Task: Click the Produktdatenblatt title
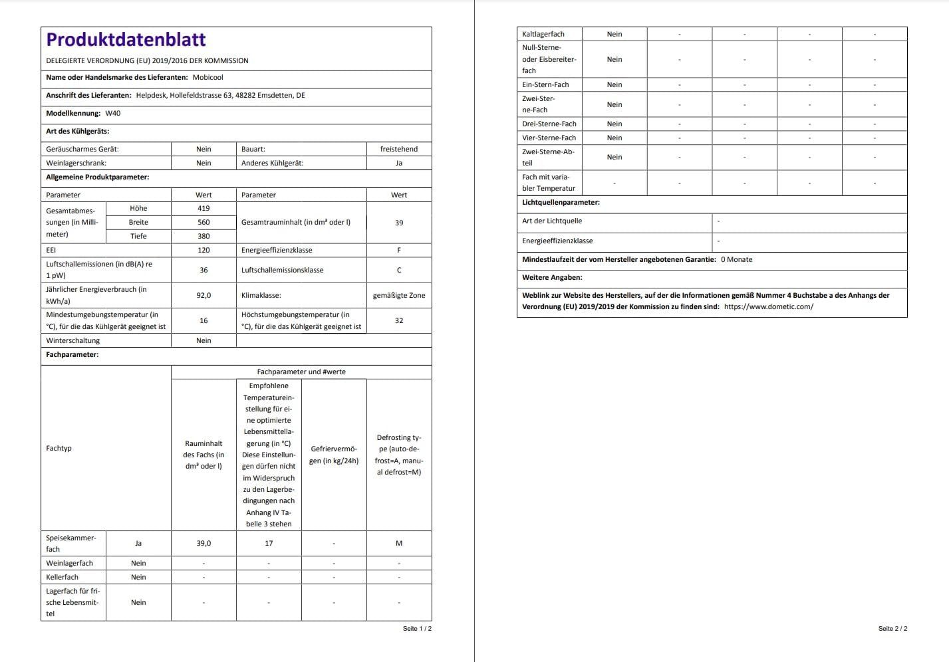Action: click(x=126, y=40)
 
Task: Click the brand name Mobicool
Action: click(x=207, y=78)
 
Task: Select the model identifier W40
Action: click(x=113, y=114)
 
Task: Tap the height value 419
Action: click(x=203, y=209)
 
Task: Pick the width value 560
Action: click(x=203, y=223)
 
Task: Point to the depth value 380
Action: click(x=203, y=237)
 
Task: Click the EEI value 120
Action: click(x=203, y=251)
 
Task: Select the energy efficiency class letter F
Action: click(x=399, y=251)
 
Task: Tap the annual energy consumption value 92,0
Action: click(x=203, y=296)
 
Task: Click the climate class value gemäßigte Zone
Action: click(x=399, y=296)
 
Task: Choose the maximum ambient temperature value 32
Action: click(x=399, y=321)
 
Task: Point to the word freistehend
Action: click(x=399, y=150)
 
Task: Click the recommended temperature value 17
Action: click(x=269, y=544)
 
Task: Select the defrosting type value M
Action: click(x=399, y=544)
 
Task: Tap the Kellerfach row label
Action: click(x=62, y=578)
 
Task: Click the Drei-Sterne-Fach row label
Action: click(x=549, y=124)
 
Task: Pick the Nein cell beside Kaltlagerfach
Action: click(x=614, y=35)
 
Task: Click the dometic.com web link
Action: click(x=768, y=307)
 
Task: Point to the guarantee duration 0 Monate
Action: click(x=736, y=260)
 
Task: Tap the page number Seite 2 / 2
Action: click(x=892, y=629)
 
